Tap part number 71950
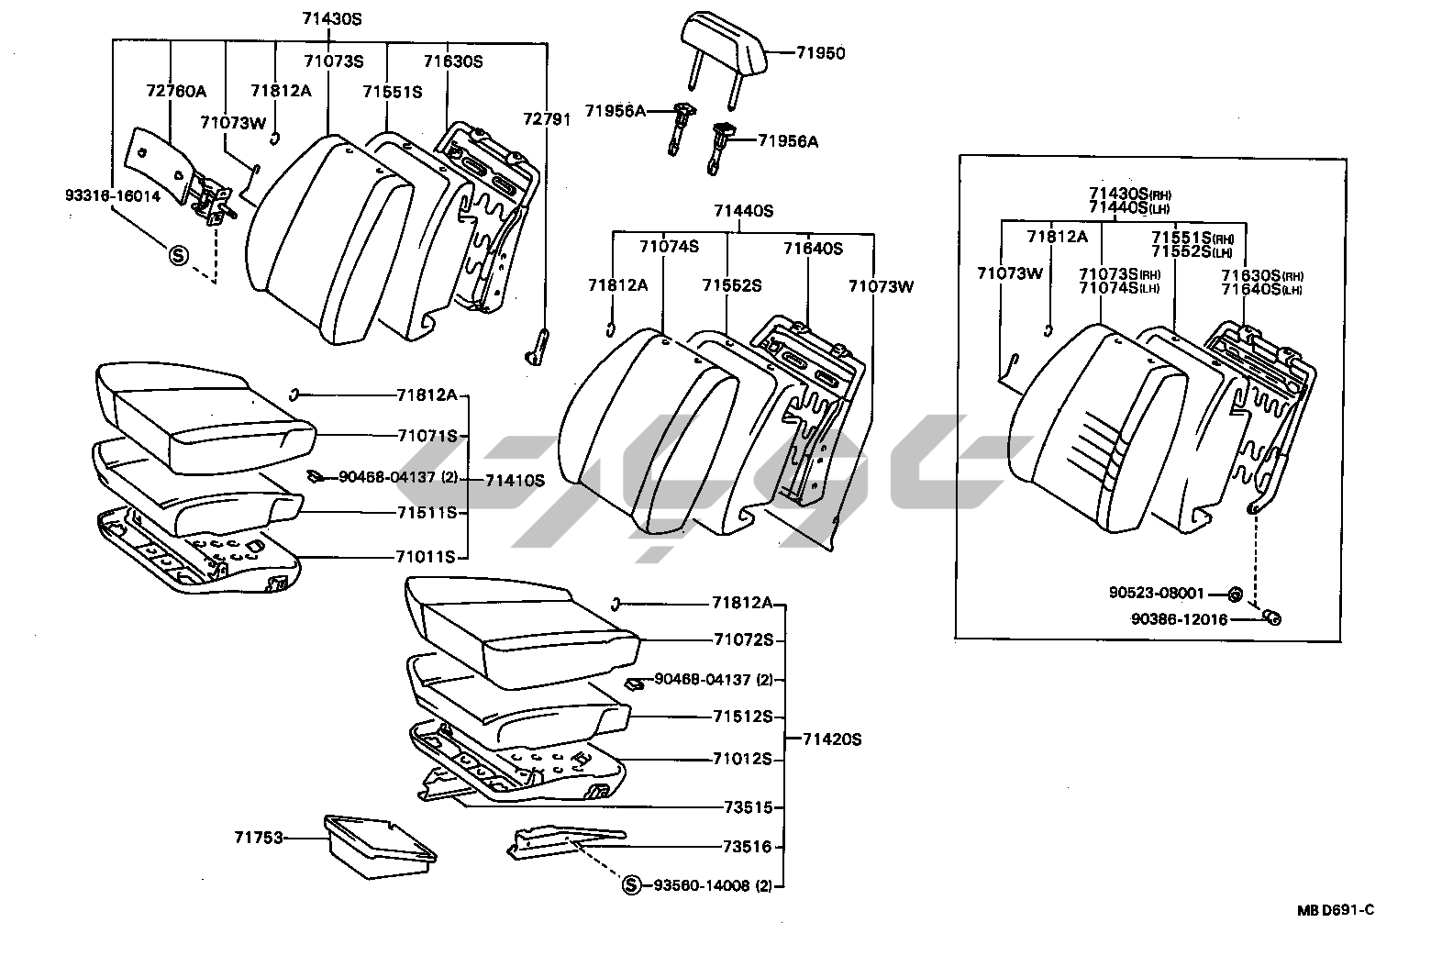[820, 53]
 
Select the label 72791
[547, 119]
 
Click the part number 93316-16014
[113, 195]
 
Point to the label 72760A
[176, 91]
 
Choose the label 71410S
[515, 480]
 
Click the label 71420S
[832, 739]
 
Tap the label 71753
[258, 837]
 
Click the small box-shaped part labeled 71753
[378, 845]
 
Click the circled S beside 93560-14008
[631, 885]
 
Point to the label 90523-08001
[1156, 594]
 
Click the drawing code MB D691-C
[1336, 910]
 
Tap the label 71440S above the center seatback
[743, 211]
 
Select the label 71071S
[427, 436]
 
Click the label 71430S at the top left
[331, 18]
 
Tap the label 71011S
[427, 556]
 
